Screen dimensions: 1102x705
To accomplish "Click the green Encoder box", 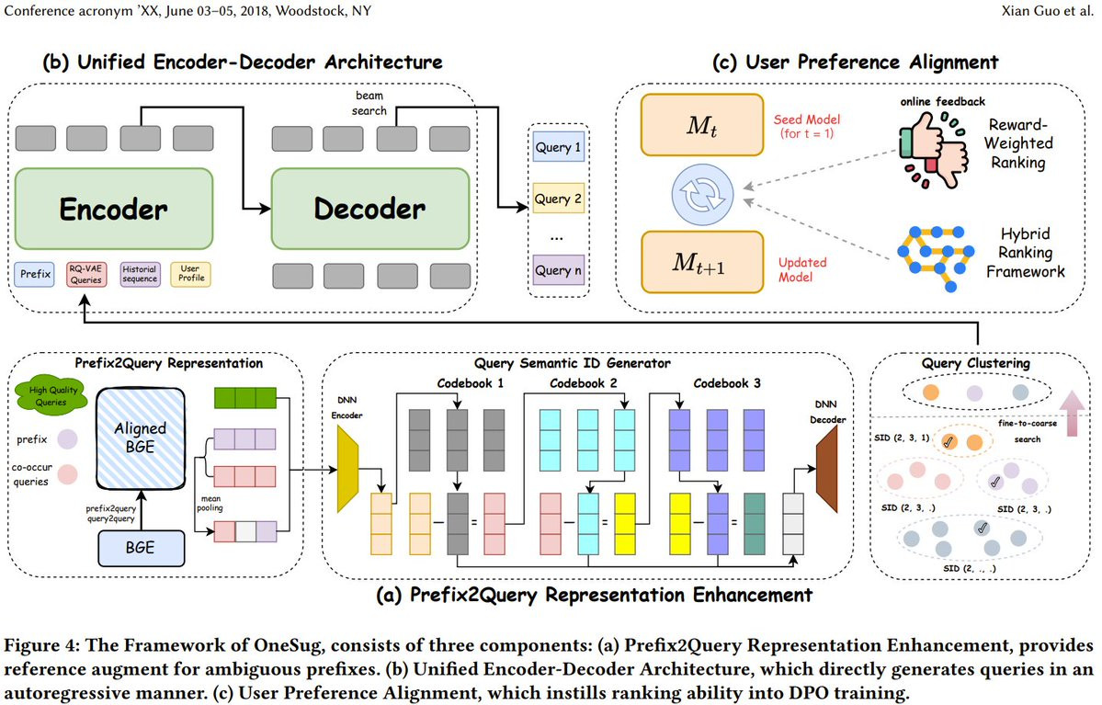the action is point(114,208).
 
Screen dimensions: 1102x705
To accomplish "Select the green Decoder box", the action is point(370,208).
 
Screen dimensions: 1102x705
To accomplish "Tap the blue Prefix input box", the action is point(34,274).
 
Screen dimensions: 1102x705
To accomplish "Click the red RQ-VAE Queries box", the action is point(85,274).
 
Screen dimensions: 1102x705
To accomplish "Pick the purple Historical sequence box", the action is point(140,274).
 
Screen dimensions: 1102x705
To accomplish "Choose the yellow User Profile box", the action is point(190,274).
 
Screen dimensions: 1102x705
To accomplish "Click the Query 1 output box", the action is point(558,147).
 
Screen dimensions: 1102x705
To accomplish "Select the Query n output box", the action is point(558,270).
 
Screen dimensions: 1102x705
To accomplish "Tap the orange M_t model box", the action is point(702,125).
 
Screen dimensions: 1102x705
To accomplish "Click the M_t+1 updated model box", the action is point(702,262).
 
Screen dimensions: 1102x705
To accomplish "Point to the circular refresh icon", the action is point(702,195).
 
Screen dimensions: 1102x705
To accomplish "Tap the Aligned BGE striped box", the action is point(141,438).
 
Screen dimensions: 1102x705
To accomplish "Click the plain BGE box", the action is point(141,548).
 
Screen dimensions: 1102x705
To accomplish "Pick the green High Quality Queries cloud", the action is point(51,395).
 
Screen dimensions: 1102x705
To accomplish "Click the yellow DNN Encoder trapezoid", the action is point(348,469).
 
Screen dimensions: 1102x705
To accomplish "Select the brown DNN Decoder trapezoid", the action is point(827,469).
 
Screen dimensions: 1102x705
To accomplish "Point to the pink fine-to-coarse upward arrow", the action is point(1072,414).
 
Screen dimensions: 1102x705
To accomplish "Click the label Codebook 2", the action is point(584,383).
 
